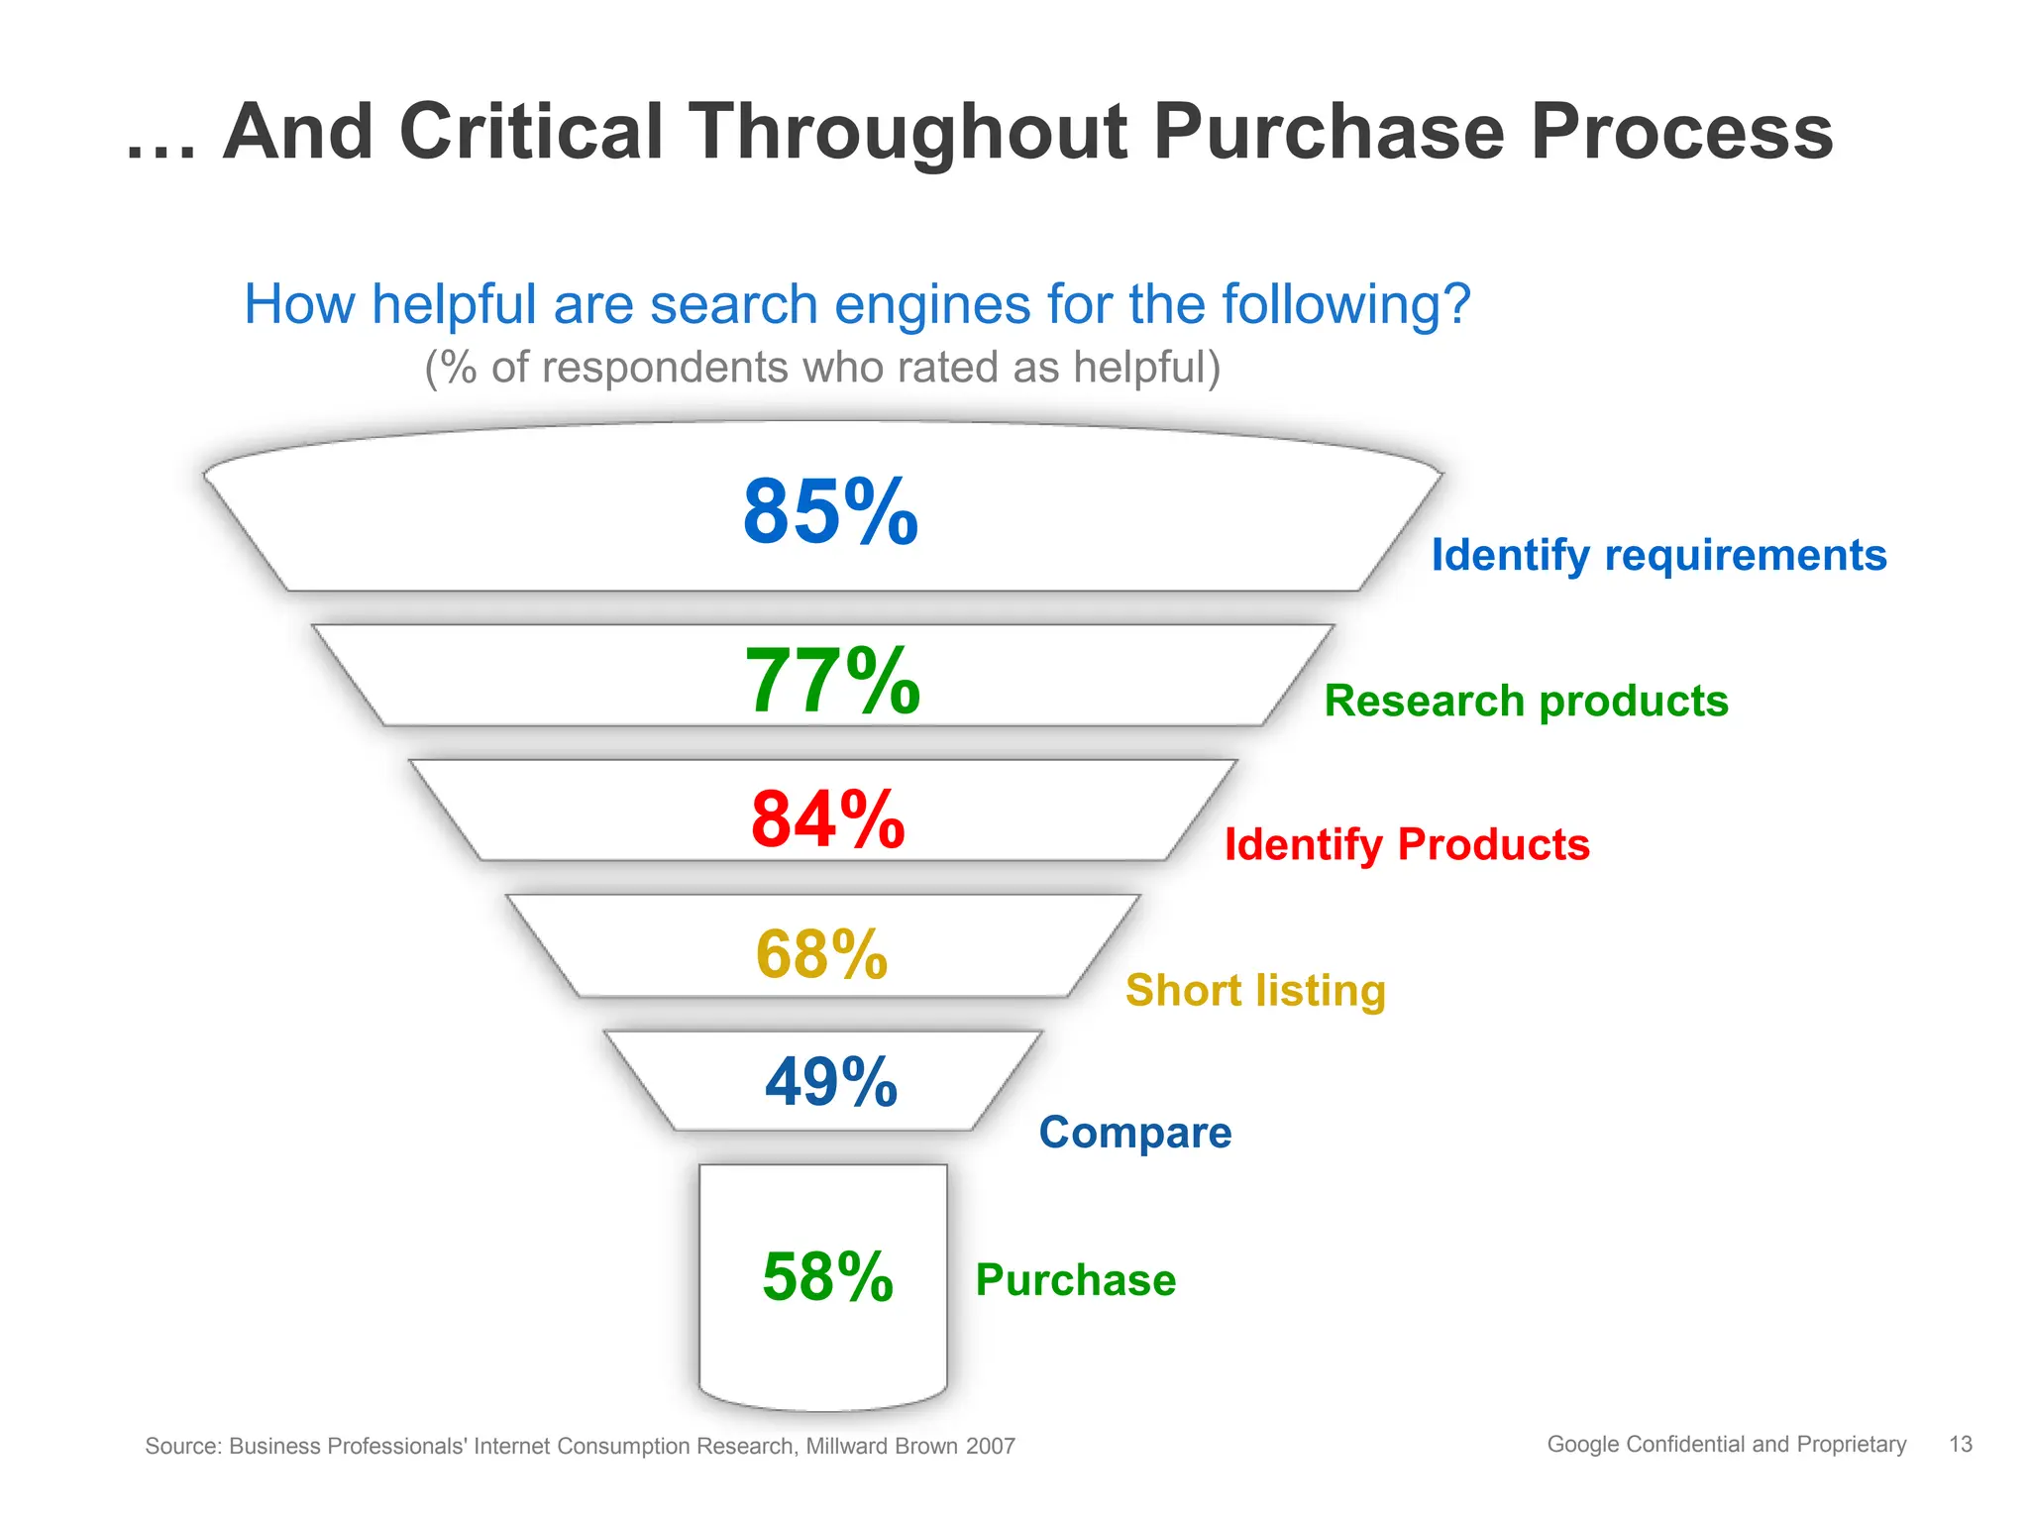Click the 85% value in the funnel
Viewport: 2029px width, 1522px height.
click(x=830, y=512)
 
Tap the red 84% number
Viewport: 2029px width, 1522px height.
click(x=828, y=820)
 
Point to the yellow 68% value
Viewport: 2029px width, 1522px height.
click(x=821, y=955)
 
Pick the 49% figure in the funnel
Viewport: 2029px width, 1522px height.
click(x=831, y=1082)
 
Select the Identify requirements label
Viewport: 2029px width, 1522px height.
click(x=1658, y=555)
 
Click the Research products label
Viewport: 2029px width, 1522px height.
click(x=1526, y=702)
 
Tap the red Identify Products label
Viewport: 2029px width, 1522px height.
click(x=1407, y=845)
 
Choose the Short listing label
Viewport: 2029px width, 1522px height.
click(x=1255, y=991)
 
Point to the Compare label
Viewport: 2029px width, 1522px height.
click(x=1134, y=1133)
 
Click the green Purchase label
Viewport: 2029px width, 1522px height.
click(x=1075, y=1280)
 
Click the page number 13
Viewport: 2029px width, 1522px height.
click(x=1960, y=1445)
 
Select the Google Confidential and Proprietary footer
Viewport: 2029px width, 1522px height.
click(x=1726, y=1445)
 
